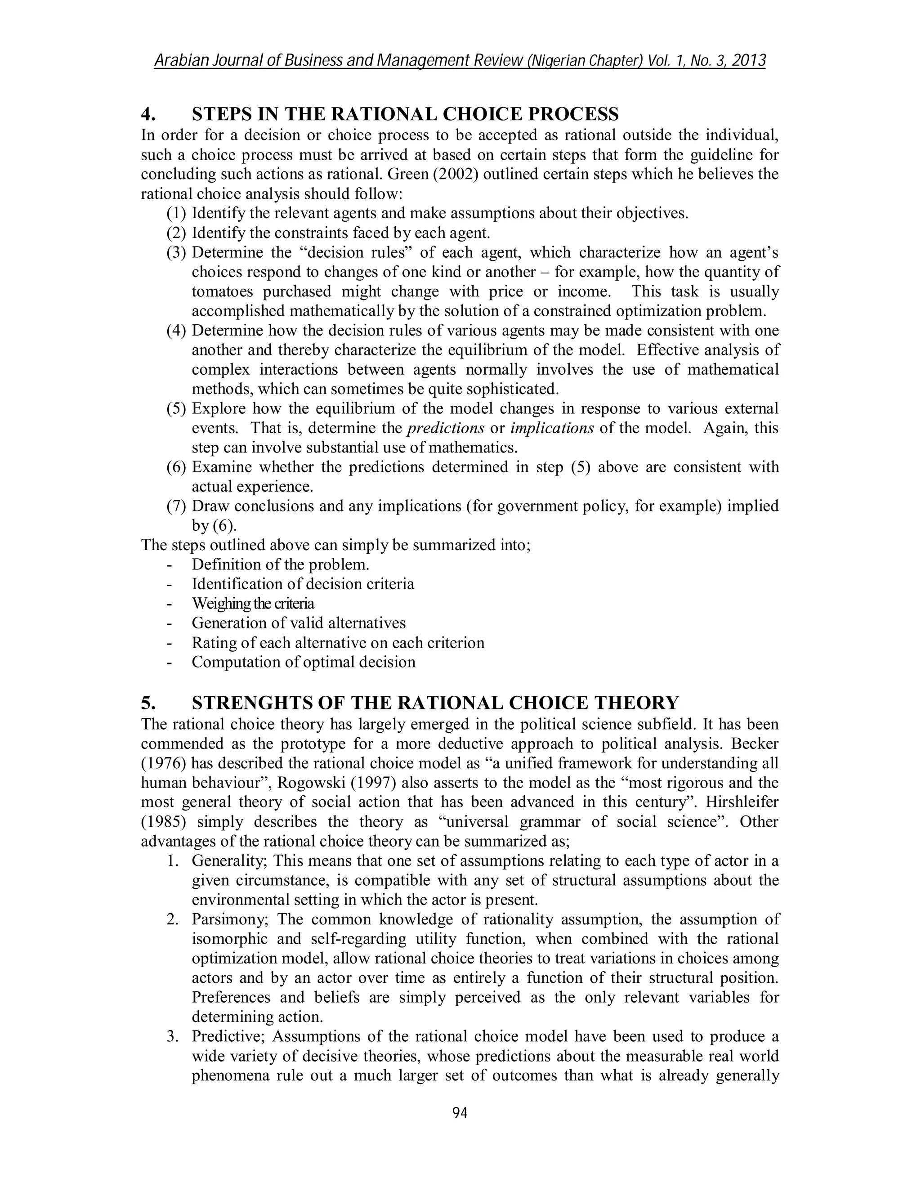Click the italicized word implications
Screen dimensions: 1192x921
(x=552, y=428)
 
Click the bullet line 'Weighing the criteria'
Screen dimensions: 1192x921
(x=253, y=604)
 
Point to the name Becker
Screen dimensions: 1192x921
(x=755, y=744)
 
